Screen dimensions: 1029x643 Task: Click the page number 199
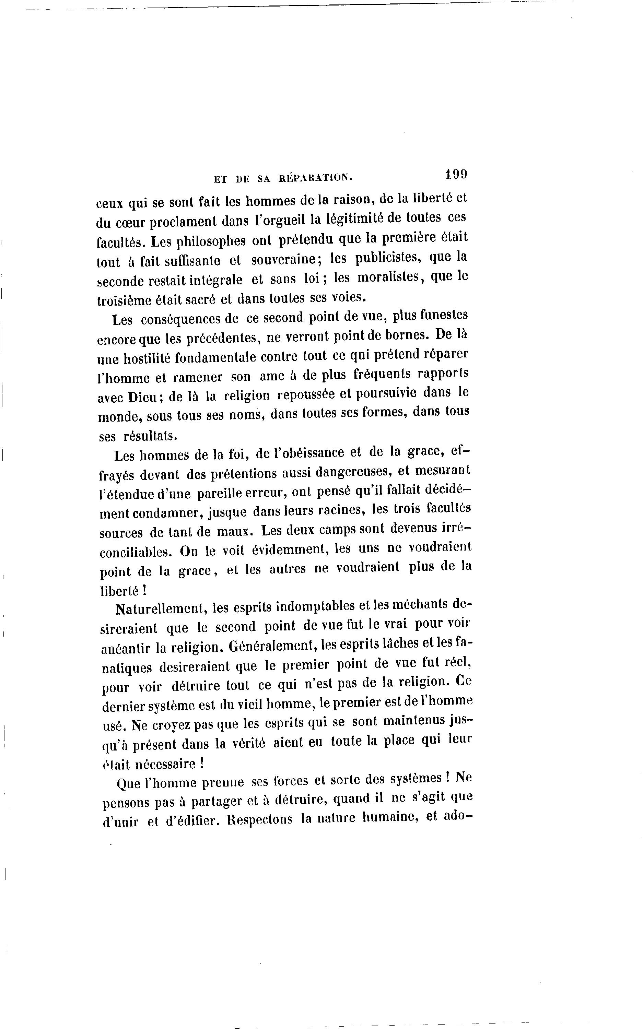tap(456, 174)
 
